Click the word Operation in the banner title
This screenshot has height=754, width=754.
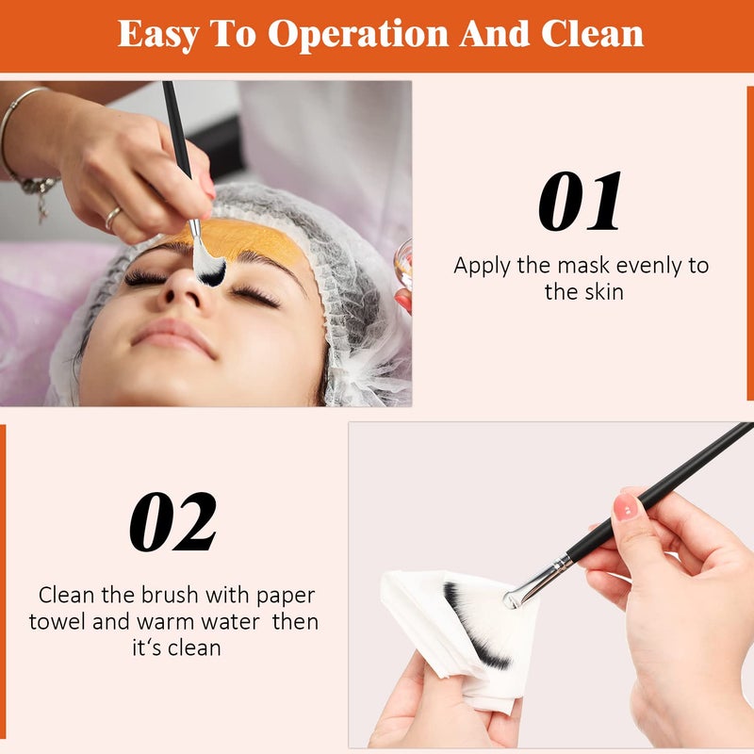359,34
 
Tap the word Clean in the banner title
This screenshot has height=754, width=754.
592,34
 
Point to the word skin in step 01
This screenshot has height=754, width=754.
602,291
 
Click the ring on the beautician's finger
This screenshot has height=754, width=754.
113,219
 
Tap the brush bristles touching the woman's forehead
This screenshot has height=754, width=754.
209,268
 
